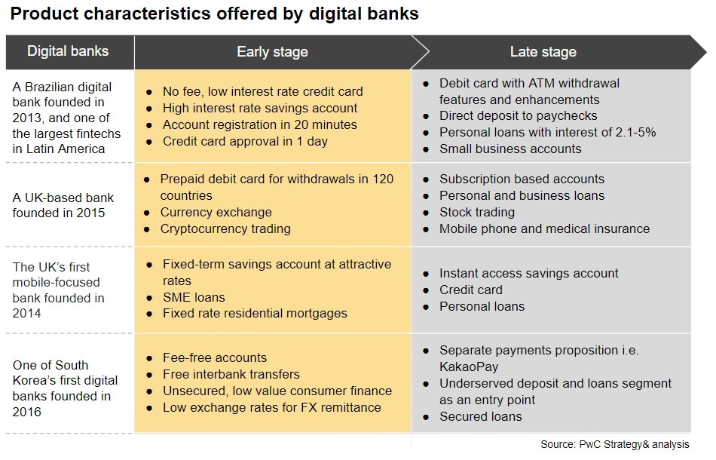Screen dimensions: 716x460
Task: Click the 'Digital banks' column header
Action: pos(68,51)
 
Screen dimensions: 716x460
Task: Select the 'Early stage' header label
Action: pos(272,51)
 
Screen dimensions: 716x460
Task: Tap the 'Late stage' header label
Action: pos(543,51)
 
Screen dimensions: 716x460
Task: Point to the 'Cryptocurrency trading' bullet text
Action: pos(225,228)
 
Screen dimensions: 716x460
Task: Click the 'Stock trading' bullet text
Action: pos(477,212)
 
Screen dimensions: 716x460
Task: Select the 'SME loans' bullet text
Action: pos(194,297)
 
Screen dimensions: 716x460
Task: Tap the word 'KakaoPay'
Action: pos(469,366)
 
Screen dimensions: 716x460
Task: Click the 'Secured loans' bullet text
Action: pos(480,416)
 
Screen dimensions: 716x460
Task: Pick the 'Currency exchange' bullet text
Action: pos(216,212)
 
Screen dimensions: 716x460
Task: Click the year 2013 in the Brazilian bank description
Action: pos(27,118)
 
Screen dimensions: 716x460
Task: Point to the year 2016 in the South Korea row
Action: pos(26,412)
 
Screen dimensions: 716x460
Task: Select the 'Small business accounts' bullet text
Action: pos(510,149)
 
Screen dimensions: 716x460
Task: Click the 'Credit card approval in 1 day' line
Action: pos(245,141)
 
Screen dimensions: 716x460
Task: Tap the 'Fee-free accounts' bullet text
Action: pos(215,357)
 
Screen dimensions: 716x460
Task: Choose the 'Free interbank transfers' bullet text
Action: pos(231,374)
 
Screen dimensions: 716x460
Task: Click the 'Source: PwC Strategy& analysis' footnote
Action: pos(614,444)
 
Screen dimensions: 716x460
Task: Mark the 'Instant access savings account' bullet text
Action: pos(528,273)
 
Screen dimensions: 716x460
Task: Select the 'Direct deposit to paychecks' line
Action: pos(518,115)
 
